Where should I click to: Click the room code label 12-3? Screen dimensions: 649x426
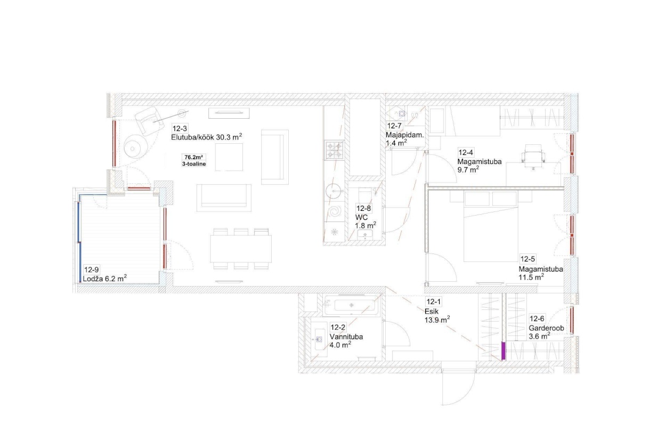pos(180,128)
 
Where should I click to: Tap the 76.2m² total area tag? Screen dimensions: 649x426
pos(194,157)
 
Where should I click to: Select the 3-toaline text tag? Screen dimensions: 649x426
pos(194,164)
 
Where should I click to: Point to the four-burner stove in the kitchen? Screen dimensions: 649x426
pos(334,150)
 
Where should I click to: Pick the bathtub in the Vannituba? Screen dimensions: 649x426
pos(352,305)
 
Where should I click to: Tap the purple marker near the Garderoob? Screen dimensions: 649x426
pos(504,351)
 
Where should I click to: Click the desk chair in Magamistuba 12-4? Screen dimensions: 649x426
pos(533,157)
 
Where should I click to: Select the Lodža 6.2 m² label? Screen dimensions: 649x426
pos(104,278)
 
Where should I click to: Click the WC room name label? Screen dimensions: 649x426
pos(361,217)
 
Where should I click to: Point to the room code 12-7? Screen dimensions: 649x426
pos(394,126)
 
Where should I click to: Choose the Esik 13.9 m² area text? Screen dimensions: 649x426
pos(437,316)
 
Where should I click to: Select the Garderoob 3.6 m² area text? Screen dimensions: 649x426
pos(547,332)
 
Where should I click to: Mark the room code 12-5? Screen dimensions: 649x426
pos(528,259)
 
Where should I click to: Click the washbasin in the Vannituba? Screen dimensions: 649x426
pos(319,339)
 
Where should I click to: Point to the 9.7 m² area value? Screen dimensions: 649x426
pos(468,170)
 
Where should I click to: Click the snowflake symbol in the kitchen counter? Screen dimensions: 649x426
pos(335,232)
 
